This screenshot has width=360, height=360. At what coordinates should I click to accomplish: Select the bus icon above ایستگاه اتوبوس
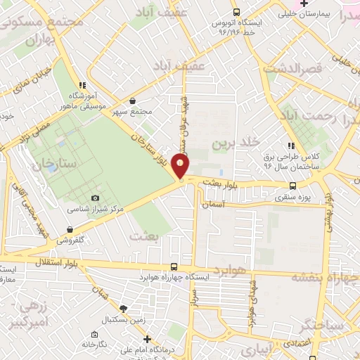tap(236, 12)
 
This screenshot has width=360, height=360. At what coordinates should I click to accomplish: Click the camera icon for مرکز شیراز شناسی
tap(96, 198)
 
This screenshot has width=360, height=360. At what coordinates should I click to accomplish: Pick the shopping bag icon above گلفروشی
tap(70, 229)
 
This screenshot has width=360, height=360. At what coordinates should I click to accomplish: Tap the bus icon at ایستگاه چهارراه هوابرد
tap(174, 266)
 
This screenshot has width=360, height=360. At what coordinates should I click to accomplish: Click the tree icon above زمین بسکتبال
tap(123, 309)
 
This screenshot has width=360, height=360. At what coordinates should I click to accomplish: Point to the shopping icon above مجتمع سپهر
tap(132, 101)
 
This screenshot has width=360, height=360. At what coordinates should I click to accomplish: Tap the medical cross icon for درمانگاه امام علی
tap(147, 340)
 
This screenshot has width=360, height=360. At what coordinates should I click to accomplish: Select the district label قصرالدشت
tap(292, 69)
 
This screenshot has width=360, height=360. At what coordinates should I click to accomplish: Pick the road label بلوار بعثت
tap(224, 181)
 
